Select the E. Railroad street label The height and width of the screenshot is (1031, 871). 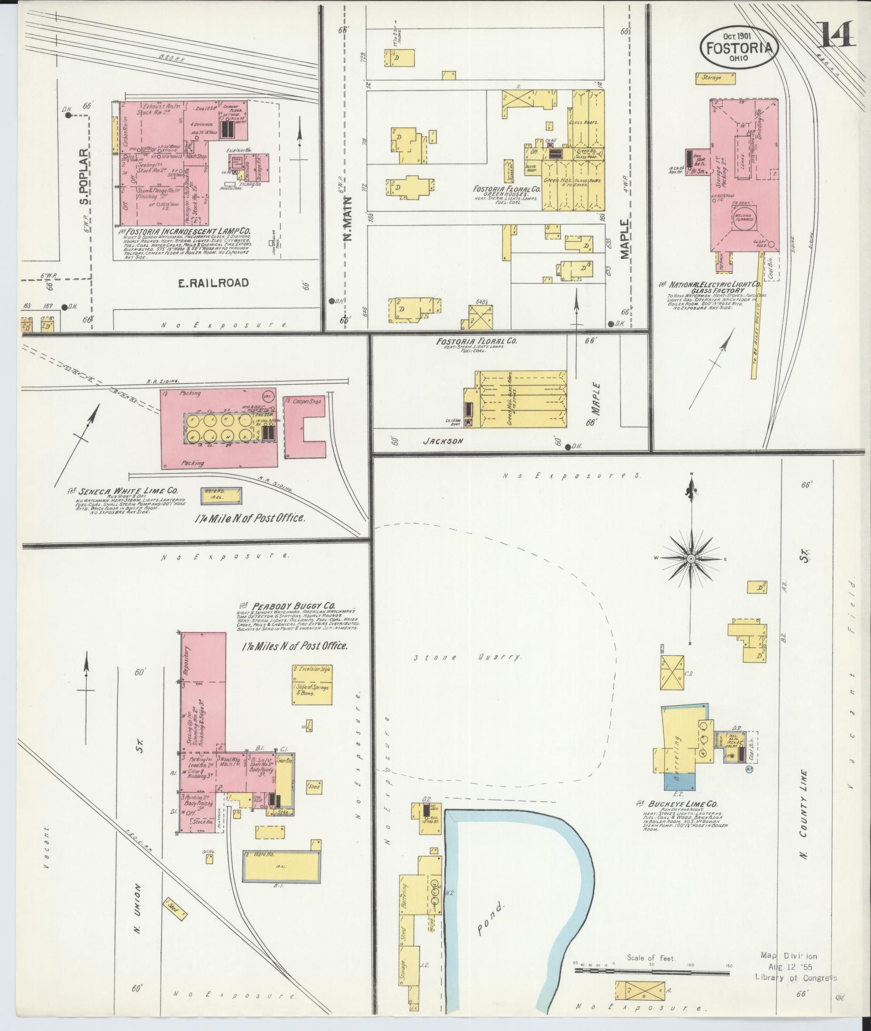coord(213,283)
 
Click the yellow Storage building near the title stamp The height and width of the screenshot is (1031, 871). coord(715,78)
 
